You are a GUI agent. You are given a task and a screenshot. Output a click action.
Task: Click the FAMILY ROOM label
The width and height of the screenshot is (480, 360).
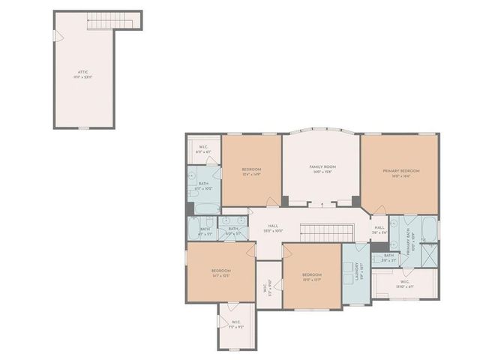(x=322, y=168)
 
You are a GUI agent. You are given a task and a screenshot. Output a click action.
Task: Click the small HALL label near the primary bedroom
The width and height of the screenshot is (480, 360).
(x=379, y=229)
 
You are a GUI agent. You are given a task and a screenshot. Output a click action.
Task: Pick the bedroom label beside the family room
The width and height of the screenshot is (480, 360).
(x=251, y=172)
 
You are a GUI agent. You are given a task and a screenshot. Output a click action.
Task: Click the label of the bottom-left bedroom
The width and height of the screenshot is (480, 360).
(x=220, y=272)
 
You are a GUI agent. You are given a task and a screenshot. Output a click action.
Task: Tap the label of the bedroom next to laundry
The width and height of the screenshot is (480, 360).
(x=312, y=277)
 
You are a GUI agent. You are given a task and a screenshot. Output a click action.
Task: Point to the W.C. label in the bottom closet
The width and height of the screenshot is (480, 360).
(x=236, y=325)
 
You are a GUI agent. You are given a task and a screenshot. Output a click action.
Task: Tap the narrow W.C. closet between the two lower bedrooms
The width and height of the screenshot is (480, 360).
(x=268, y=285)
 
